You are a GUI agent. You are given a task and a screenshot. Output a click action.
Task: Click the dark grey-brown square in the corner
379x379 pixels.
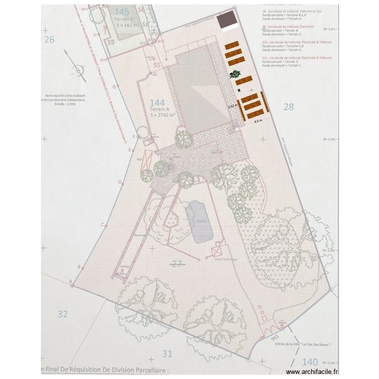[x=227, y=21]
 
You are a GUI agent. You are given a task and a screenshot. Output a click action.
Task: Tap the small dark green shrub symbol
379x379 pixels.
[x=235, y=75]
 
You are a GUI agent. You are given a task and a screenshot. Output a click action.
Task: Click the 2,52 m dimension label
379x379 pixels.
[x=232, y=107]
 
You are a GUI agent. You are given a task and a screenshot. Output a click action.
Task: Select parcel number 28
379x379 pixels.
[x=289, y=107]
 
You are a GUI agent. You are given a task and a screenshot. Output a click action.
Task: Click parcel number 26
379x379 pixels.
[x=49, y=39]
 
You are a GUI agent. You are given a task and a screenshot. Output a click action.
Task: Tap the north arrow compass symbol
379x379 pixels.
[x=76, y=70]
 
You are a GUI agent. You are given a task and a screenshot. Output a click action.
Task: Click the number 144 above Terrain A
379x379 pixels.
[x=158, y=103]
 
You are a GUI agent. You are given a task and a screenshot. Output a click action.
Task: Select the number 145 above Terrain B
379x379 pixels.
[x=122, y=12]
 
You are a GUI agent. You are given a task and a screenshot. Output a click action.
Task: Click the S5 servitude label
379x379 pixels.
[x=157, y=65]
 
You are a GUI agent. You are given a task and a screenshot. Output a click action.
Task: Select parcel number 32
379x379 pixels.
[x=62, y=314]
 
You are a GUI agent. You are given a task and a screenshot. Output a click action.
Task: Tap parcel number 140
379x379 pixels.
[x=310, y=362]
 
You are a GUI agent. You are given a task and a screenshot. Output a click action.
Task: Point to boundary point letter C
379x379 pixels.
[x=102, y=224]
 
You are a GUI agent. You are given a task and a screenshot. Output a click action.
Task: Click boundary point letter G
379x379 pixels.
[x=115, y=86]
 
